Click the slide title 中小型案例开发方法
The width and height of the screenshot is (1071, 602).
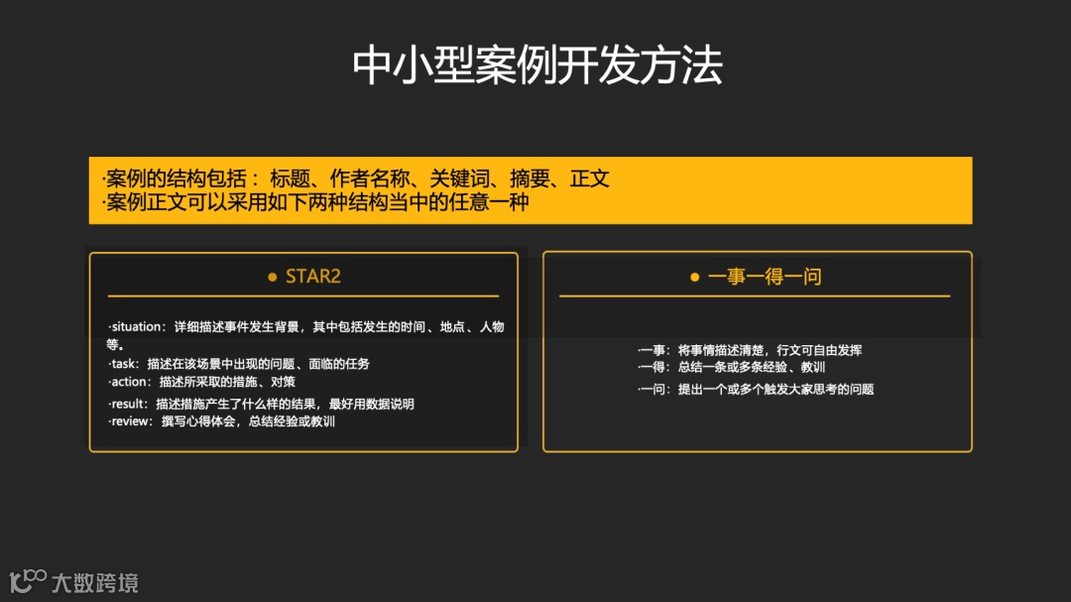(536, 65)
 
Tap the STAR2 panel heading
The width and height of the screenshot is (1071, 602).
(312, 277)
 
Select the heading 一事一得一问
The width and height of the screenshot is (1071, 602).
(764, 277)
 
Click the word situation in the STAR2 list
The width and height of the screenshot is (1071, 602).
(139, 327)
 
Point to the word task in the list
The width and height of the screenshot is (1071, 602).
(124, 364)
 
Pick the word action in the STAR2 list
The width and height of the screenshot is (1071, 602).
(131, 382)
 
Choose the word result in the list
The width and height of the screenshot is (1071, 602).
(130, 404)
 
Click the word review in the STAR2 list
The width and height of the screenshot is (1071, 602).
(132, 421)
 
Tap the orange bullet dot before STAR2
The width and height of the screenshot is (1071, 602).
(273, 278)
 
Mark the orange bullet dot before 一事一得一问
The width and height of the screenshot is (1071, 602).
(695, 278)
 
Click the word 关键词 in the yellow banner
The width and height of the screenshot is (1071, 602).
(462, 180)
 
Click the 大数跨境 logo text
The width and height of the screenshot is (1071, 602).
(95, 582)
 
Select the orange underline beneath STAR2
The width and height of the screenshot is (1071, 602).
(303, 296)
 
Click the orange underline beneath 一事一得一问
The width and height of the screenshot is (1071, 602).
(755, 296)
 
